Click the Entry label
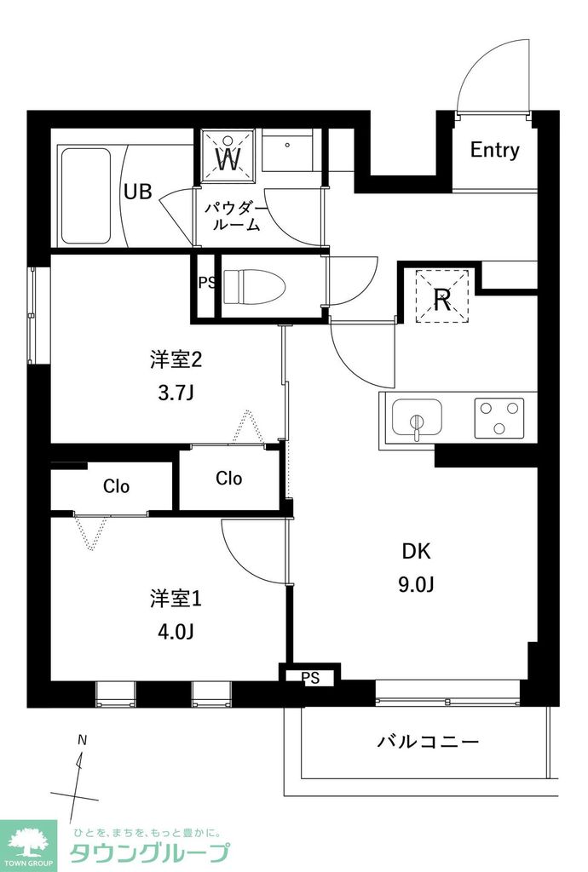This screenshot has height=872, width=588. (494, 151)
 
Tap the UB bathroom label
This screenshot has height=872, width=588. (138, 192)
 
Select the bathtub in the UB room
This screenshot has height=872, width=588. (84, 196)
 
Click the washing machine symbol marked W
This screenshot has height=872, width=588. (228, 157)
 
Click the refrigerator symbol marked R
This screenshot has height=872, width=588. (442, 298)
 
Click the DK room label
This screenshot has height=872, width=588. (416, 551)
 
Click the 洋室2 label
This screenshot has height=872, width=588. (176, 360)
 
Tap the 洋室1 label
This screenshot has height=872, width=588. (176, 599)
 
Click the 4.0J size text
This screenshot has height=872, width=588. (176, 632)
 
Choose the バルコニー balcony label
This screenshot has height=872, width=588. (428, 741)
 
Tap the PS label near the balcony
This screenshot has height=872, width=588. (311, 678)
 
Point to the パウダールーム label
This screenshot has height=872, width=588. (234, 217)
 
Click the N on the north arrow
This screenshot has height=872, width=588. (83, 740)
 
